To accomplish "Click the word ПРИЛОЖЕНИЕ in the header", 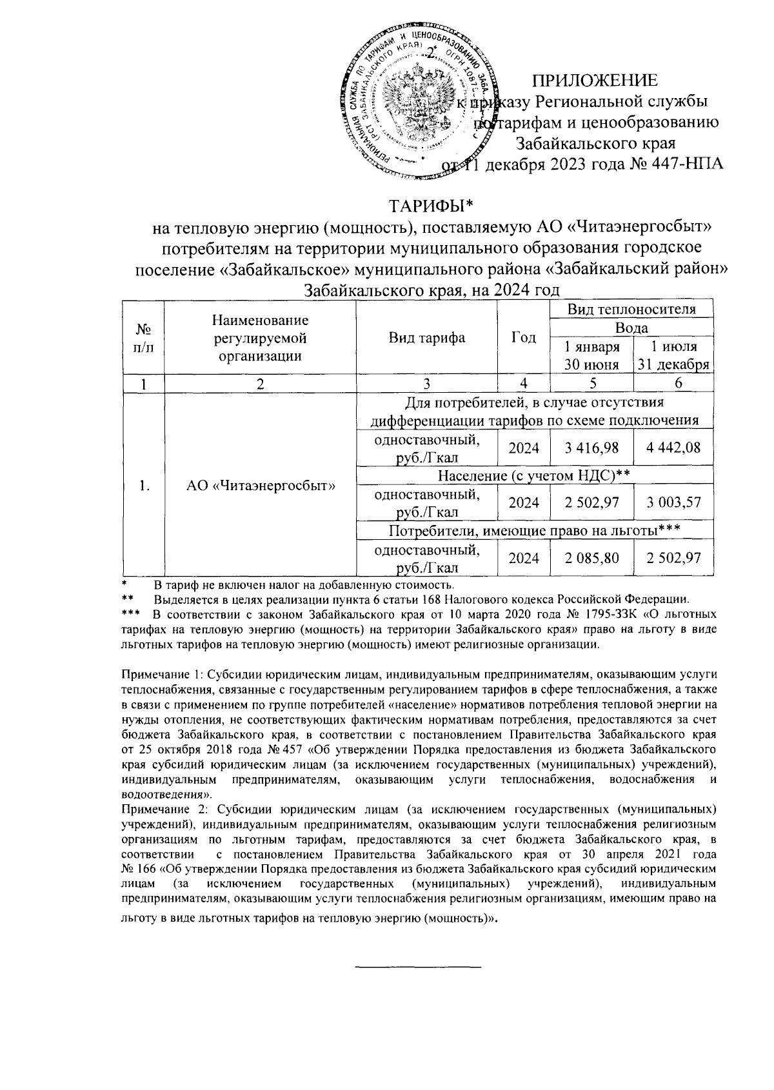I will tap(594, 81).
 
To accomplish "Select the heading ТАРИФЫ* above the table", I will tap(430, 206).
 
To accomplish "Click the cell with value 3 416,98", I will tap(591, 448).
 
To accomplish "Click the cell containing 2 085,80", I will tap(591, 558).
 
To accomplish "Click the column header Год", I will tap(523, 337).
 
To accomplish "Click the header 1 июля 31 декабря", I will tap(674, 355).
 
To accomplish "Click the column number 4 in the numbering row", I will tap(523, 384).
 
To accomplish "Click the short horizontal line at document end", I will tap(419, 966).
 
